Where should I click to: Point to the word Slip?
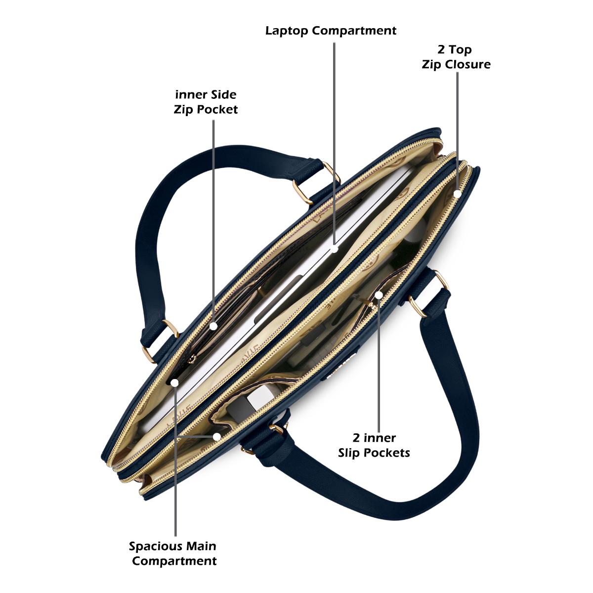pos(351,453)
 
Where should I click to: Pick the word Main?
pos(202,546)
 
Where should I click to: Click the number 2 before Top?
pos(441,49)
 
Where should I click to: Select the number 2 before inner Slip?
pos(356,438)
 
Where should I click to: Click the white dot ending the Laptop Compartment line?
pos(334,250)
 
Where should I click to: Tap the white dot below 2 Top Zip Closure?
pos(458,194)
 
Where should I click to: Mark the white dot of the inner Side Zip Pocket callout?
pos(213,326)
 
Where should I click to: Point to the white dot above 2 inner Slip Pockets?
pos(379,295)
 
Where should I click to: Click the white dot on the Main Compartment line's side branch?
pos(217,437)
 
